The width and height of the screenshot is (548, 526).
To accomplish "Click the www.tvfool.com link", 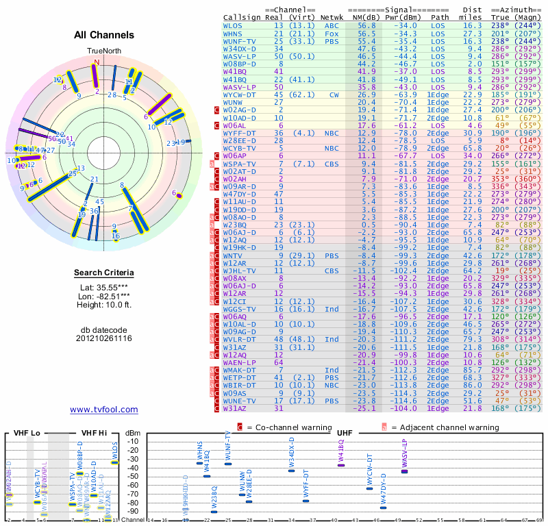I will [x=104, y=410].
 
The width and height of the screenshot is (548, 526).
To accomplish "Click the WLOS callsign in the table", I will [x=233, y=25].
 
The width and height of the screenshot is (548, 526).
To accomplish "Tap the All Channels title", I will [x=104, y=35].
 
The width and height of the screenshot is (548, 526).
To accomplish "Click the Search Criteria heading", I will [x=104, y=273].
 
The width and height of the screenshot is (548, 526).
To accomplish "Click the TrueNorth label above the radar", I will [x=103, y=51].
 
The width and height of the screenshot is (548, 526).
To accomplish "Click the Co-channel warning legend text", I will [x=290, y=427].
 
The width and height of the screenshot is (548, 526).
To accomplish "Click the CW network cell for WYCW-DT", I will [x=334, y=95].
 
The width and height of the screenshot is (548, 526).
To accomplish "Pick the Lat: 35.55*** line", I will [x=104, y=288].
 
